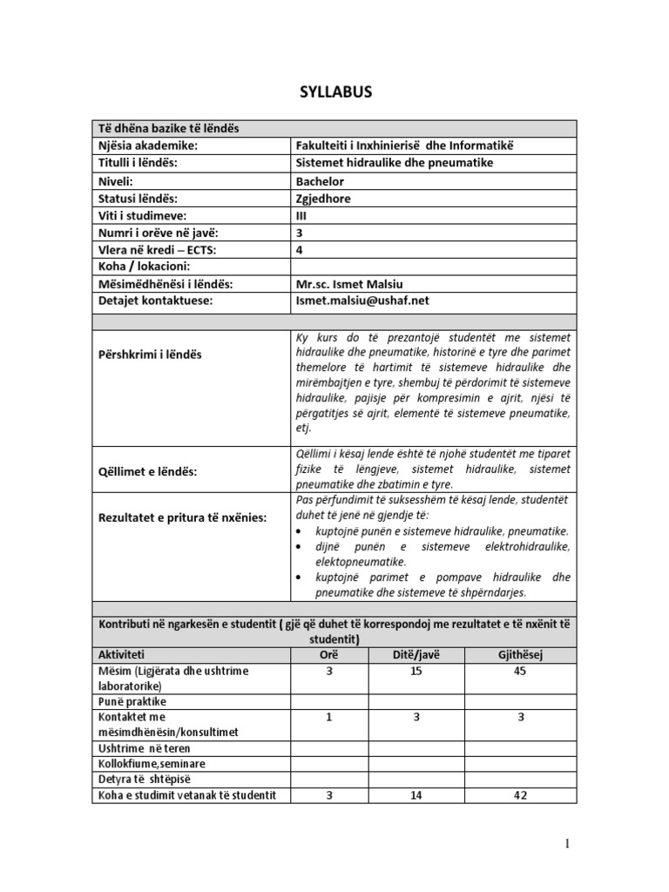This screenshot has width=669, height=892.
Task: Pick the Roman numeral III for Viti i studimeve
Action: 301,215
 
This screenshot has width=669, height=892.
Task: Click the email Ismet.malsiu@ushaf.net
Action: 363,301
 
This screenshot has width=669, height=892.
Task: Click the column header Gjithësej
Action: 519,654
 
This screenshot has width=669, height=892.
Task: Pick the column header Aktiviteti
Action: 122,654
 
